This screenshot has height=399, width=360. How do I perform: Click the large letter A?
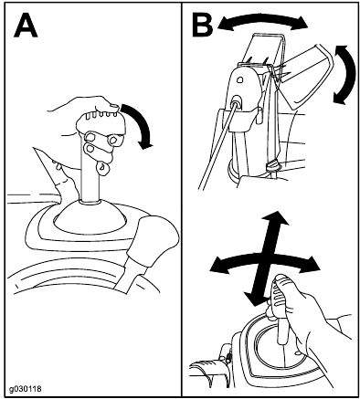26,26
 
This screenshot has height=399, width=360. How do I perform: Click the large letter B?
203,26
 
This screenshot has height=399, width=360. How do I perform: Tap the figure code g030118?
25,389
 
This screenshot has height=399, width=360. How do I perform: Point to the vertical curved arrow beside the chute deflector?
348,75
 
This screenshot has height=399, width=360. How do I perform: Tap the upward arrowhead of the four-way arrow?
276,218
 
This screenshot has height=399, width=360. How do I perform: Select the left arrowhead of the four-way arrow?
218,264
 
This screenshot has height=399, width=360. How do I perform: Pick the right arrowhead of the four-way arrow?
311,263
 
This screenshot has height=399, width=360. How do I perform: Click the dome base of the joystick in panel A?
90,217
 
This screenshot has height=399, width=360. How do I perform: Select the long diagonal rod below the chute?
217,144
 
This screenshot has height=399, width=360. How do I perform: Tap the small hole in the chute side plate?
240,80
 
